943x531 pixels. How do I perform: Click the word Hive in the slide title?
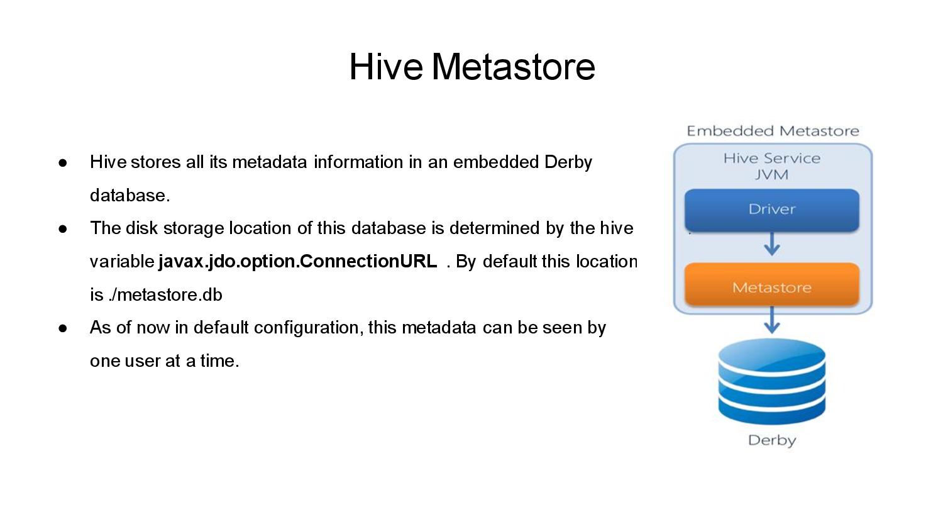point(386,66)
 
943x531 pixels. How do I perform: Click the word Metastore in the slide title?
point(513,66)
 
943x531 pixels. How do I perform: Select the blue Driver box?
point(771,210)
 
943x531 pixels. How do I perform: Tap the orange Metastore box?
point(771,284)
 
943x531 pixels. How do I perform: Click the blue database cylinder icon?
point(771,381)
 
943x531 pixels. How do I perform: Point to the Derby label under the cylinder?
point(771,440)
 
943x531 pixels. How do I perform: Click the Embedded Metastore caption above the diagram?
point(773,131)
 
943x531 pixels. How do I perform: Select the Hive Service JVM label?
point(771,166)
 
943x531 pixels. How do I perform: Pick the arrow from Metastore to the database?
point(771,320)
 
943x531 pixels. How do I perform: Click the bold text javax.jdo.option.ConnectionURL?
point(297,261)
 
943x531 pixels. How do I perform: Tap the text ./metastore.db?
point(165,294)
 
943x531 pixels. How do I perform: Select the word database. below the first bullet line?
point(130,195)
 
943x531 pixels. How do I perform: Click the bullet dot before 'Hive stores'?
point(63,163)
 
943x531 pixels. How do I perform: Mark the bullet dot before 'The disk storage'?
point(63,229)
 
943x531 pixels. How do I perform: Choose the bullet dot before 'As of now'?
point(63,328)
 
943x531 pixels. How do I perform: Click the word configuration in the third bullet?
point(309,328)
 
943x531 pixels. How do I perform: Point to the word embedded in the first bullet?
point(496,162)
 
